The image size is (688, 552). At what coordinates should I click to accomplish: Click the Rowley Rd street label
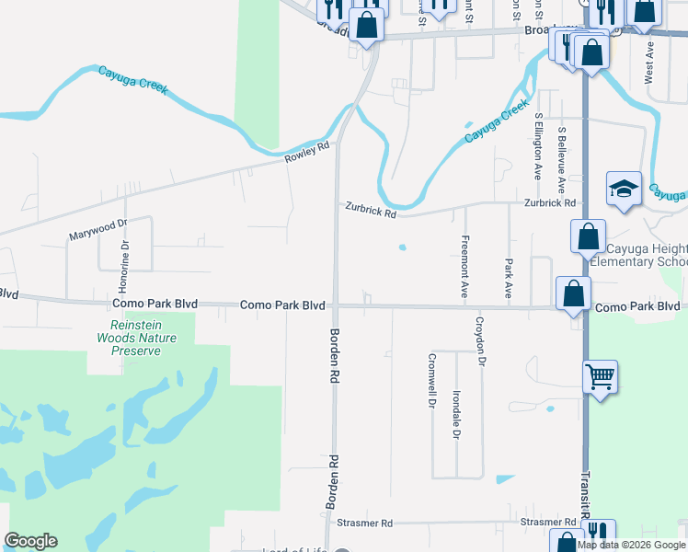tap(306, 153)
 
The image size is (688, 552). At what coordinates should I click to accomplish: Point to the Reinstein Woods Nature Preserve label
tap(136, 338)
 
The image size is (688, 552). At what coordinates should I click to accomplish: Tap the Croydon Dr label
tap(479, 341)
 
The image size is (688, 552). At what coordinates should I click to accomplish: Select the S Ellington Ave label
tap(538, 146)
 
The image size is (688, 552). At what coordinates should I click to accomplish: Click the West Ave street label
tap(648, 62)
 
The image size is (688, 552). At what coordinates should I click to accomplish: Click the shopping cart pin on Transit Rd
tap(600, 376)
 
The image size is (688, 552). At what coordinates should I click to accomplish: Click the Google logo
tap(30, 541)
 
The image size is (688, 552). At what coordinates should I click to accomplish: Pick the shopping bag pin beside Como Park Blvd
tap(573, 294)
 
